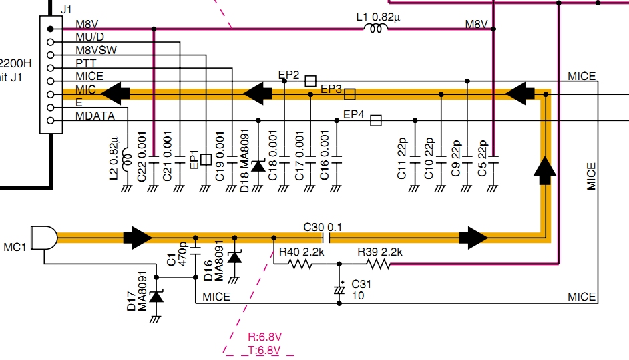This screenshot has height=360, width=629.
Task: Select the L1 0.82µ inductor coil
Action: (377, 29)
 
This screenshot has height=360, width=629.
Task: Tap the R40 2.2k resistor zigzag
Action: (301, 264)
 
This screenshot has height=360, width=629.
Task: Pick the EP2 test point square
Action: (310, 81)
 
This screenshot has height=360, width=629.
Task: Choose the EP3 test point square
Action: (350, 94)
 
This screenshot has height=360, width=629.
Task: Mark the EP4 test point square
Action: (376, 120)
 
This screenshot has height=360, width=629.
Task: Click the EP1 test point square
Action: (206, 160)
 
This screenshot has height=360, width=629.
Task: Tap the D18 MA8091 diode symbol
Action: (258, 164)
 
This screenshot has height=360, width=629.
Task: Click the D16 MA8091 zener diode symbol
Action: (234, 257)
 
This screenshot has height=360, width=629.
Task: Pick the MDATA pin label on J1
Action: (95, 116)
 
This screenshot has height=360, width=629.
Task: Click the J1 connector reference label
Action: (66, 10)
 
